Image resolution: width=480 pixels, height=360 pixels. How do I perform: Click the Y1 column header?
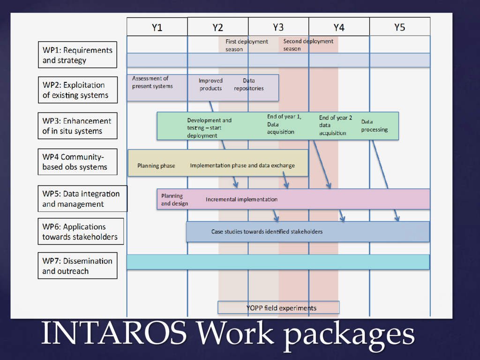pyautogui.click(x=157, y=27)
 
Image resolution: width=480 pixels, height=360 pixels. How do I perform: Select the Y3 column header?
pyautogui.click(x=278, y=27)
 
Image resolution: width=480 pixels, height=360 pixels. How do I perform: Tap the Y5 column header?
pyautogui.click(x=399, y=27)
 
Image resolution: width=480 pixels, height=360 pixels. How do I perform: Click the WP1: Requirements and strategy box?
pyautogui.click(x=77, y=55)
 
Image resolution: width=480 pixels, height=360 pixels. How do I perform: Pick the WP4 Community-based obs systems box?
pyautogui.click(x=77, y=162)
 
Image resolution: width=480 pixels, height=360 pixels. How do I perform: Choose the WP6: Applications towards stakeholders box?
pyautogui.click(x=81, y=232)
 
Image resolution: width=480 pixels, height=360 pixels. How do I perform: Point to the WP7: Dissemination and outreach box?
pyautogui.click(x=77, y=266)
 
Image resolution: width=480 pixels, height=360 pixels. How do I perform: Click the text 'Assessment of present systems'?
pyautogui.click(x=152, y=82)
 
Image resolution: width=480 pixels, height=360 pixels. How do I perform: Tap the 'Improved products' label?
pyautogui.click(x=210, y=84)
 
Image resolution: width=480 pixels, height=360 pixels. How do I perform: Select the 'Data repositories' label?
pyautogui.click(x=249, y=84)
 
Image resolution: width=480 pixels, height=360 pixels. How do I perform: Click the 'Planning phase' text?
pyautogui.click(x=156, y=166)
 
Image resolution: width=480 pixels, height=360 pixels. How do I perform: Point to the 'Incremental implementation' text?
pyautogui.click(x=241, y=200)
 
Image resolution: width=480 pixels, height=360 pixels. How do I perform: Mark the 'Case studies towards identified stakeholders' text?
pyautogui.click(x=267, y=232)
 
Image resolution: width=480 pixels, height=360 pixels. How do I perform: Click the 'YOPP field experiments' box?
pyautogui.click(x=278, y=308)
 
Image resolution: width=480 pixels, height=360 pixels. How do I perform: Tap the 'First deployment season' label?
pyautogui.click(x=247, y=45)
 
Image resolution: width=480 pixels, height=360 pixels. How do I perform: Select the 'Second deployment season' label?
pyautogui.click(x=308, y=45)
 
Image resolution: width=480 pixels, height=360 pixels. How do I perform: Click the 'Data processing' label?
pyautogui.click(x=374, y=126)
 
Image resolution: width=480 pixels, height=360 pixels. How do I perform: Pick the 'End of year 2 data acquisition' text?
pyautogui.click(x=335, y=125)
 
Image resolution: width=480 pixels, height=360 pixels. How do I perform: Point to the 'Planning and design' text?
pyautogui.click(x=174, y=200)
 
